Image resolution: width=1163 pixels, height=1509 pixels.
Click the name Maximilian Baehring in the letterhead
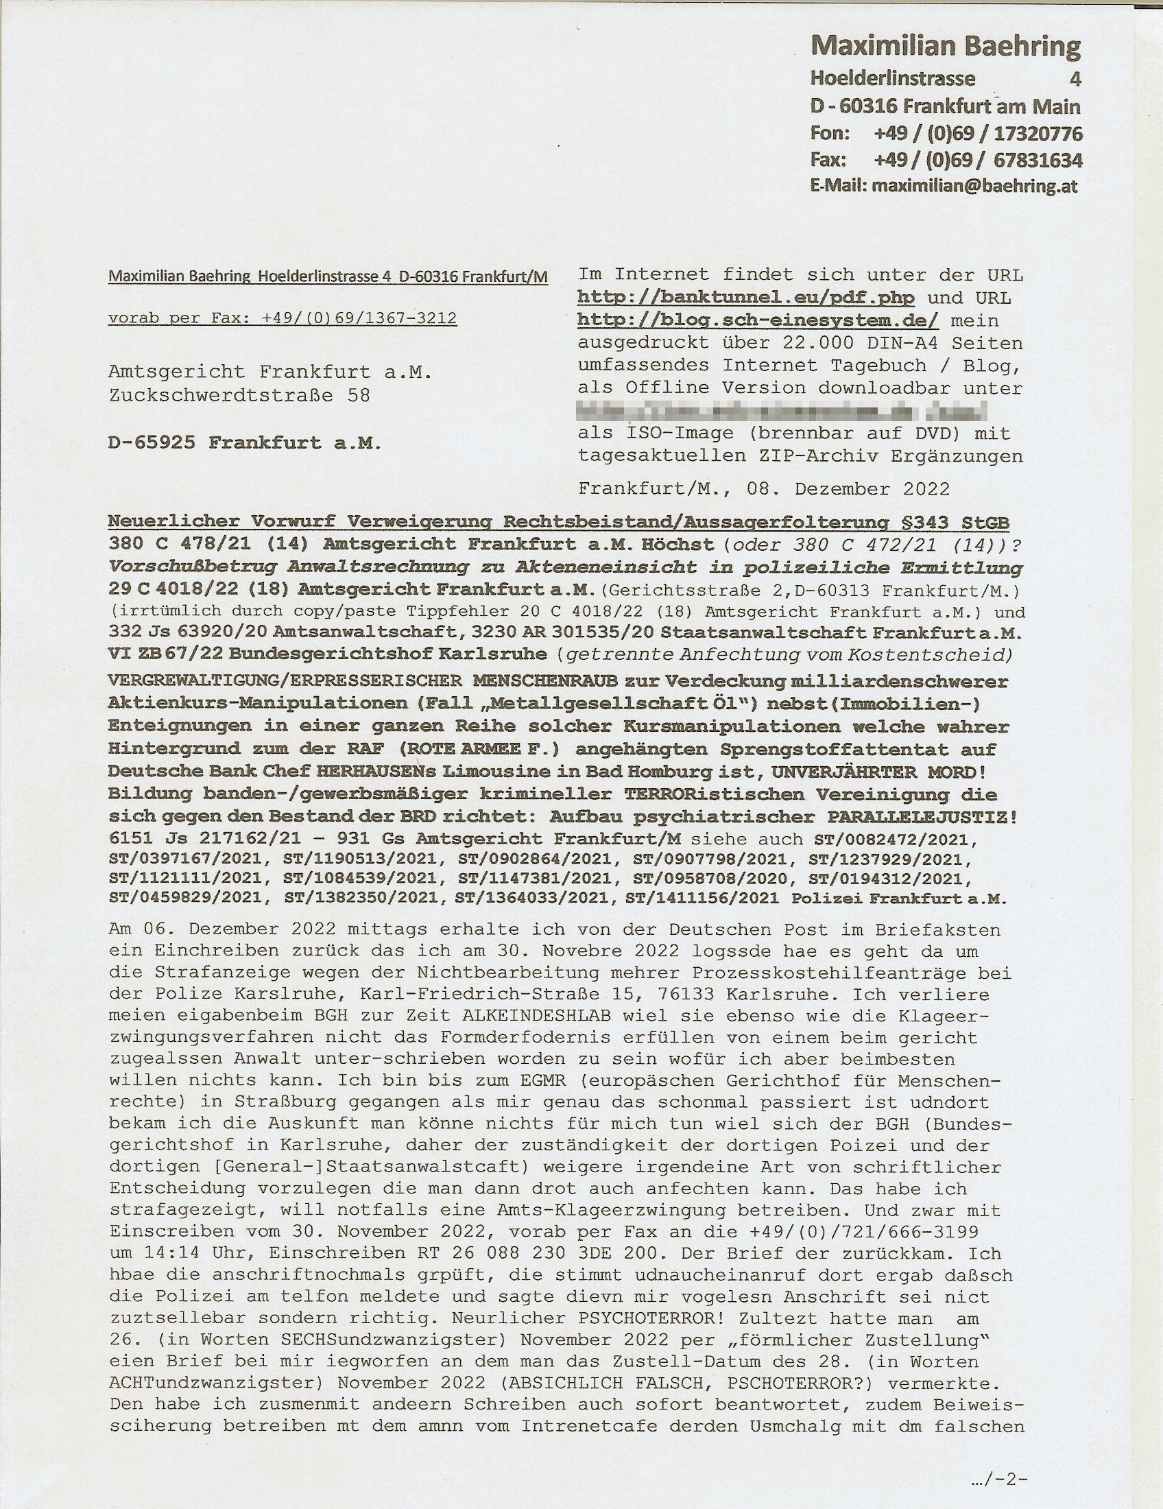coord(946,46)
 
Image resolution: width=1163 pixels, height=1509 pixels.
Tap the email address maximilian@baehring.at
coord(974,186)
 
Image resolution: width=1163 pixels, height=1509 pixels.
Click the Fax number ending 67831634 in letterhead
coord(1038,160)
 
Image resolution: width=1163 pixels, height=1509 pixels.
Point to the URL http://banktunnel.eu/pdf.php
coord(746,298)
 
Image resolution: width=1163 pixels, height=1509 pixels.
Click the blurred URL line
coord(782,412)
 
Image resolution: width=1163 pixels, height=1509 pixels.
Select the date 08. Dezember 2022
coord(848,489)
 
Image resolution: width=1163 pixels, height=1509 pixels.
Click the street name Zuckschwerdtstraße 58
coord(239,395)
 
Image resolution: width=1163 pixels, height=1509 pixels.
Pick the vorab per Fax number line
coord(283,318)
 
